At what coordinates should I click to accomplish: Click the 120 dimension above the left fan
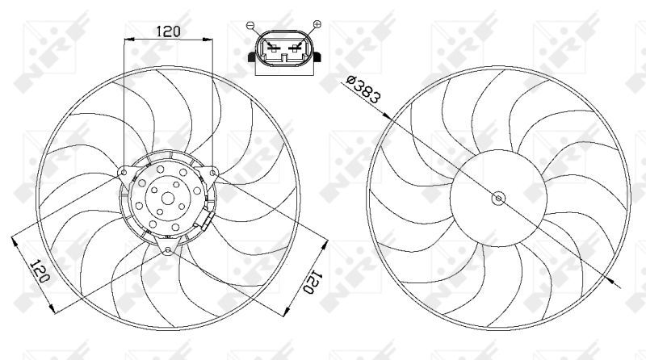click(168, 31)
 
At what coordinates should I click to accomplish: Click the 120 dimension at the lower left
click(41, 270)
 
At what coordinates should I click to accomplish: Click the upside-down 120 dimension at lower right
click(311, 282)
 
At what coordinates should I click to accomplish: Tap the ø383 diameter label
click(363, 89)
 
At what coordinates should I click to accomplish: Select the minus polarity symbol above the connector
click(250, 26)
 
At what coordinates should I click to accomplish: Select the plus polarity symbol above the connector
click(317, 24)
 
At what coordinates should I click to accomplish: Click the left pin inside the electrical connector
click(272, 48)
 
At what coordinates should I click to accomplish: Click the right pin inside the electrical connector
click(295, 48)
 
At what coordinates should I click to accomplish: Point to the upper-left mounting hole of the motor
click(124, 172)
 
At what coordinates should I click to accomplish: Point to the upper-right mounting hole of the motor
click(212, 173)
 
